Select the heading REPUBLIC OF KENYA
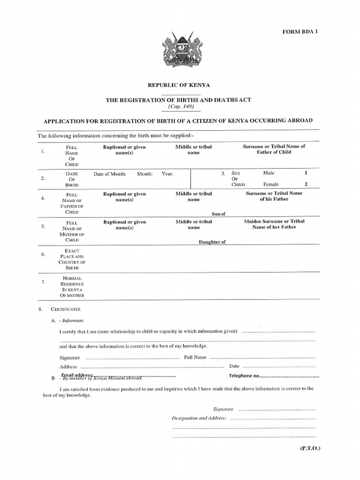point(179,85)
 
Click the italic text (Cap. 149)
point(180,106)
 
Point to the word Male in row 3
point(269,173)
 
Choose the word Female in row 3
point(271,184)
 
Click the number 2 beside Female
point(306,184)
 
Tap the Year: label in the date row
point(167,174)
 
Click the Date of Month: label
point(110,174)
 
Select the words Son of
point(219,214)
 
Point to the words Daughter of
point(212,242)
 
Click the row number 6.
point(43,254)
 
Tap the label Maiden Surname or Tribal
point(274,221)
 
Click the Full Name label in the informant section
point(195,357)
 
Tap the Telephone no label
point(243,376)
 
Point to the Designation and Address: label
point(199,418)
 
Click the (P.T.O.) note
point(310,448)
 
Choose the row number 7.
point(43,282)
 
